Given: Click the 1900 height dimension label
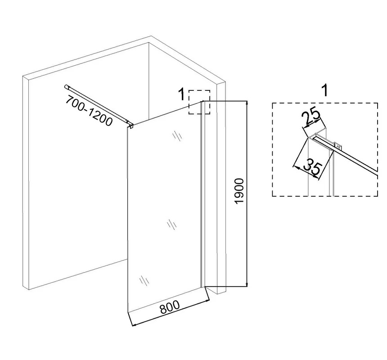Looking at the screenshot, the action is [239, 191].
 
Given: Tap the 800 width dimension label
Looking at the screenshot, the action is [170, 307].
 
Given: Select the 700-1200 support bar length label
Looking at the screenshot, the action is [89, 110].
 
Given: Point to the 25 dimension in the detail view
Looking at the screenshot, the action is [311, 118].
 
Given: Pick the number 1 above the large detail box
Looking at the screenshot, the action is [325, 90].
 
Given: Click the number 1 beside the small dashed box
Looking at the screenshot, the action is [181, 94].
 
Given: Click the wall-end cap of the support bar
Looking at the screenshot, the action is [66, 86].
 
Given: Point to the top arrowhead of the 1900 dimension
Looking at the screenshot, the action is [247, 103].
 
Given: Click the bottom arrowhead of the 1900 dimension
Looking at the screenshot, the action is [247, 284].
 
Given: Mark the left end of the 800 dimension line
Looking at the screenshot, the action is [133, 325].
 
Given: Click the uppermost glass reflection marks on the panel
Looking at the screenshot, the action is [177, 136].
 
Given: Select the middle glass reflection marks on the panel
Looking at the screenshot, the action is [172, 225].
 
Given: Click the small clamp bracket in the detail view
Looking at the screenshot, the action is [337, 146].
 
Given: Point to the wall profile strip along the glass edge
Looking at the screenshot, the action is [202, 194].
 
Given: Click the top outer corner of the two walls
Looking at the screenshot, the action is [151, 36].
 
